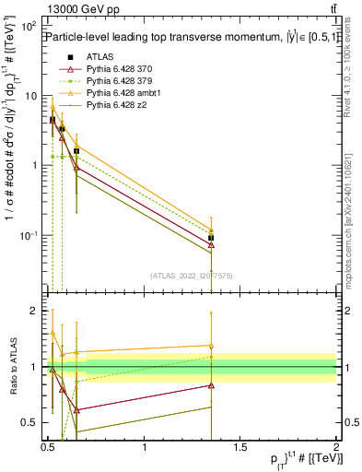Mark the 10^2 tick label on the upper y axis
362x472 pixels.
(x=29, y=27)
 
